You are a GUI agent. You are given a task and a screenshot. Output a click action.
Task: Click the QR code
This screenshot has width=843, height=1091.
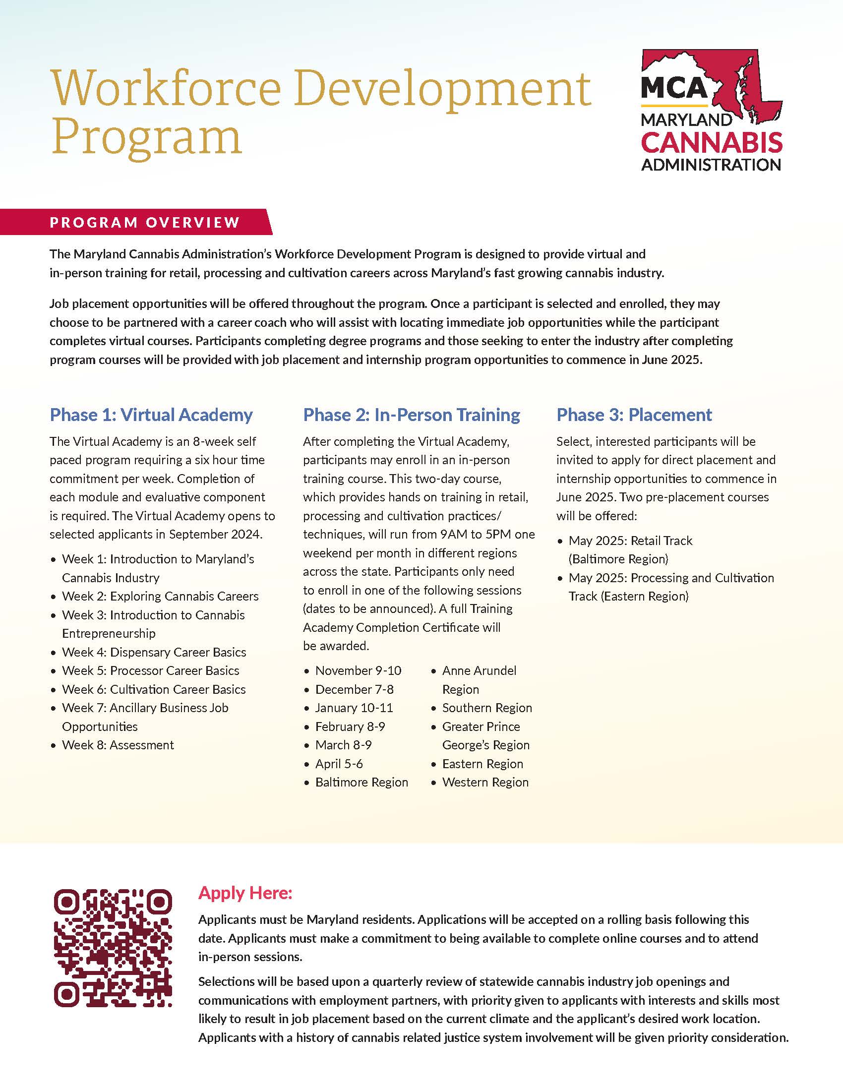coord(113,947)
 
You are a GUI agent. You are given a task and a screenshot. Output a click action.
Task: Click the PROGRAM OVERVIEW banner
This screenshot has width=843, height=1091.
coord(145,222)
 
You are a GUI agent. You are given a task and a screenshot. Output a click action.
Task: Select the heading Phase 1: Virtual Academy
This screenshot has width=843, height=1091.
coord(151,415)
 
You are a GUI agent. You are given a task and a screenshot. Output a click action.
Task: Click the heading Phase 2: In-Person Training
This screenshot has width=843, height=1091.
coord(412,415)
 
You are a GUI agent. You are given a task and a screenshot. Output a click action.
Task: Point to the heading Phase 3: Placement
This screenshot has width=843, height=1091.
coord(634,415)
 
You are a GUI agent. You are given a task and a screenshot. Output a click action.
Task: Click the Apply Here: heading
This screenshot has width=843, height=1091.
coord(244,893)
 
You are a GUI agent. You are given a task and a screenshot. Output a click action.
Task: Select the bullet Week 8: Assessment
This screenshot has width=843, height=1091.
coord(118,745)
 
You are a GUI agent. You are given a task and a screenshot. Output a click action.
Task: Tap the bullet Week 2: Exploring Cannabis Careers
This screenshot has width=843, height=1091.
coord(160,596)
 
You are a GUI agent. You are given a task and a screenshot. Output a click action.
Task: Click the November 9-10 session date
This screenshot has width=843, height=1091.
coord(358,670)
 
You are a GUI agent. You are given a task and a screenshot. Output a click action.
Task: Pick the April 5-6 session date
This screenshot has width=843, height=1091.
coord(339,764)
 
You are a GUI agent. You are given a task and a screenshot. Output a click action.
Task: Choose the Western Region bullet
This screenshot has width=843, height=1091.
coord(485,782)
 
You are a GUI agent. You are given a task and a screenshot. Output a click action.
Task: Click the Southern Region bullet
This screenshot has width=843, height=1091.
coord(487,708)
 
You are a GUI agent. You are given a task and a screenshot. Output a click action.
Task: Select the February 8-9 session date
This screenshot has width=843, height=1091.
coord(350,727)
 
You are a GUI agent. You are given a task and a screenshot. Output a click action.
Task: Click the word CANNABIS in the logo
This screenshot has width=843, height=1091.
coord(711,143)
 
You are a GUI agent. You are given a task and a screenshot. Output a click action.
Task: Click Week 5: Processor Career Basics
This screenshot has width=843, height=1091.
coord(150,670)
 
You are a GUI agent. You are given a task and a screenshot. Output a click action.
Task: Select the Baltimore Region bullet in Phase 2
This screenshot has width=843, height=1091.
coord(361,782)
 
